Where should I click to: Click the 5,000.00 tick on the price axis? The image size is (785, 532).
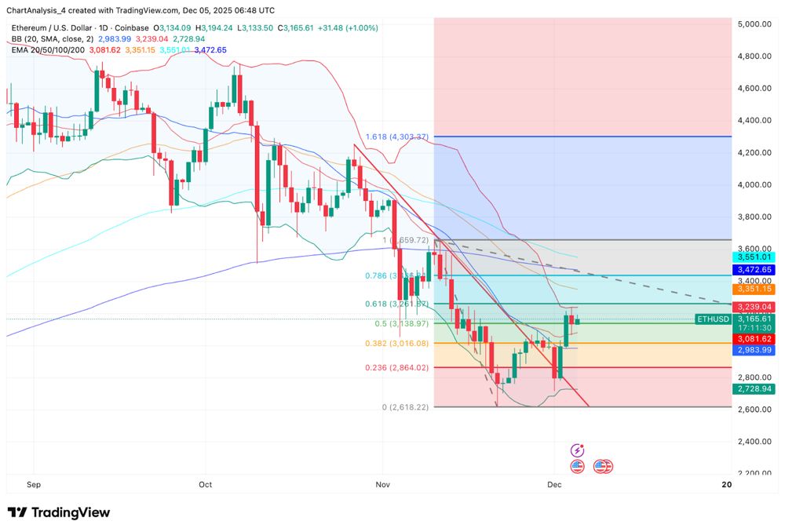[754, 24]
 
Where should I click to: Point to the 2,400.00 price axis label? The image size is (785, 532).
[754, 441]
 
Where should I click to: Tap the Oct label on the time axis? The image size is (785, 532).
[206, 485]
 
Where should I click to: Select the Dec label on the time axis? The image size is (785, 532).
[554, 485]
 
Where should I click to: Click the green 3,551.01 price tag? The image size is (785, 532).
[754, 257]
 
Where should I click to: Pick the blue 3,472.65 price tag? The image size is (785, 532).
[754, 269]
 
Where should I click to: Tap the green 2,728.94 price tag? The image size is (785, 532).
[754, 389]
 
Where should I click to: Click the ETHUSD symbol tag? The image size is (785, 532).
[713, 319]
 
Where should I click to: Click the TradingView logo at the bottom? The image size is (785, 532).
[59, 512]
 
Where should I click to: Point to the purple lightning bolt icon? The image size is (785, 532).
[578, 450]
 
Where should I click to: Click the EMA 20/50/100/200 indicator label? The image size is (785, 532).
[47, 49]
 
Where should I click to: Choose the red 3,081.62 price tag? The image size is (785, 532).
[754, 338]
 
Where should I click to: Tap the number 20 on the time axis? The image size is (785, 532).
[726, 485]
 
